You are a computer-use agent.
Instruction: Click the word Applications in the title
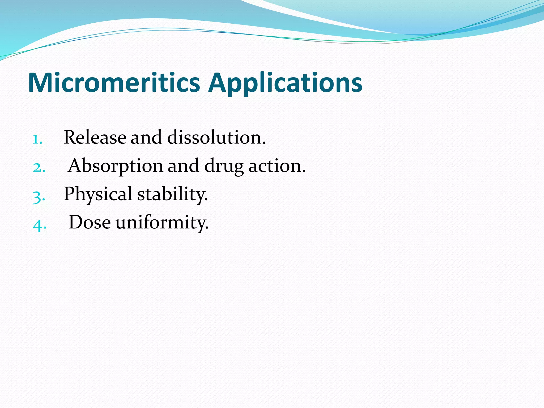pos(285,84)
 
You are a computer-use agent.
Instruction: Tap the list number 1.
pos(37,139)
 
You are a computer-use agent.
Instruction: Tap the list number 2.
pos(39,168)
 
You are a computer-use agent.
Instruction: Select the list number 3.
pos(39,197)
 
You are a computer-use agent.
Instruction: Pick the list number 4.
pos(39,225)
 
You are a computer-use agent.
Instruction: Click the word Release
pos(95,138)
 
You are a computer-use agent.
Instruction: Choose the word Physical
pos(98,194)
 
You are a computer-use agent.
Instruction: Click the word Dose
pos(90,222)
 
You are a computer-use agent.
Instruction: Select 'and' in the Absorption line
pos(183,166)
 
